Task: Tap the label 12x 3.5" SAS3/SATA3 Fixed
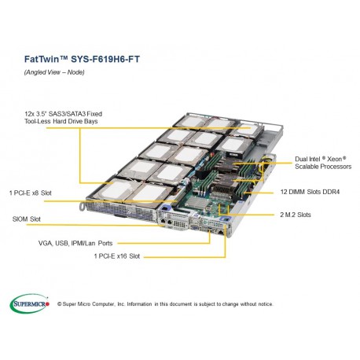(x=63, y=114)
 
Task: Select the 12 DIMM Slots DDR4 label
(x=309, y=192)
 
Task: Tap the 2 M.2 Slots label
(x=297, y=214)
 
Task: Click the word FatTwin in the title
(x=34, y=57)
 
